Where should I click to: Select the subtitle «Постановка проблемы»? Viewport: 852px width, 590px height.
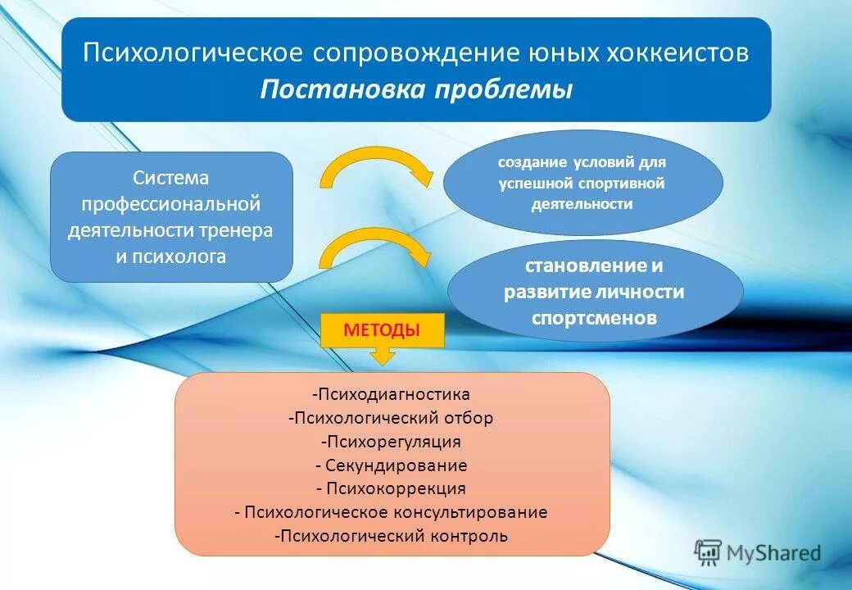(x=416, y=89)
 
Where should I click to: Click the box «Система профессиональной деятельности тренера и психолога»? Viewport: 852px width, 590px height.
(x=171, y=217)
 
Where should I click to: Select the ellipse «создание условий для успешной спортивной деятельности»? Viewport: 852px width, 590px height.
(x=582, y=183)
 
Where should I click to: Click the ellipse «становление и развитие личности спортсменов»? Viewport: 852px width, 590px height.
(x=595, y=292)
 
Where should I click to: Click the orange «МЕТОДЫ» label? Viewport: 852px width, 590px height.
(x=382, y=330)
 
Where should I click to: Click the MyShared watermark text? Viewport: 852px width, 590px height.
(x=775, y=553)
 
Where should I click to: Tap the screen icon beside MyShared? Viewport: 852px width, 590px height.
(x=708, y=553)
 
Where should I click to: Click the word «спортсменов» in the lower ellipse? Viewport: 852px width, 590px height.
(x=594, y=318)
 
